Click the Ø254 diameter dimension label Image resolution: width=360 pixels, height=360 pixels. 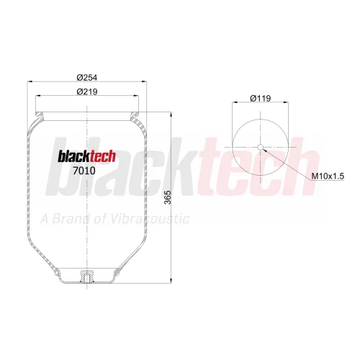tap(87, 78)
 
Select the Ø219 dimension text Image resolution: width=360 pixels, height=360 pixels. tap(87, 91)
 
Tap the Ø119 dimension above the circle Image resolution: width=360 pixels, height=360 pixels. tap(261, 99)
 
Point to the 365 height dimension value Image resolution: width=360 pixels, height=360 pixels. tap(168, 197)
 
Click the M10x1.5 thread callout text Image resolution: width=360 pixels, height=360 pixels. tap(328, 176)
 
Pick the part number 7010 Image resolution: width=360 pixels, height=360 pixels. tap(84, 171)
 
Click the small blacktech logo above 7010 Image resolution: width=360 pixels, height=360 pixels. tap(87, 156)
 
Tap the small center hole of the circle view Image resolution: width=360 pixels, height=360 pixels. tap(261, 147)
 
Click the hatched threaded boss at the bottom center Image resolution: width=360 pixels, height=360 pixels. tap(87, 276)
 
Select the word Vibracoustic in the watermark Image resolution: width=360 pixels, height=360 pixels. tap(150, 219)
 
